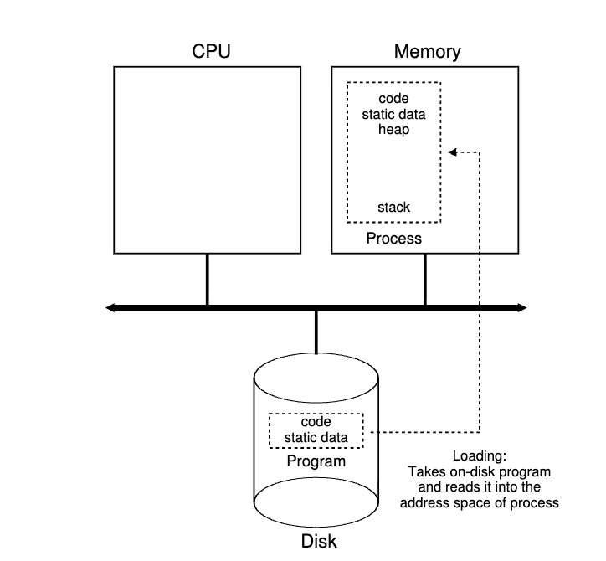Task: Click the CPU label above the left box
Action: [x=211, y=52]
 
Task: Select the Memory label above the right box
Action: [x=427, y=52]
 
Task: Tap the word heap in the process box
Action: [x=393, y=131]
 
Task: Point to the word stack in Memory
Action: [x=393, y=207]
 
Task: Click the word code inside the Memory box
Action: [x=393, y=99]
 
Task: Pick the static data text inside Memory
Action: [x=393, y=115]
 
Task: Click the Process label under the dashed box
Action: [x=393, y=239]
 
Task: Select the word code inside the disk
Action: [x=316, y=422]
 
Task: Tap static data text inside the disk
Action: [x=316, y=437]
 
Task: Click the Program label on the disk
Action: [x=316, y=461]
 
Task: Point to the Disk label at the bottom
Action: [x=318, y=541]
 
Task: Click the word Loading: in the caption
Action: [x=480, y=457]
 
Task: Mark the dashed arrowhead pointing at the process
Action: [x=453, y=152]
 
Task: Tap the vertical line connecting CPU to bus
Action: [x=207, y=280]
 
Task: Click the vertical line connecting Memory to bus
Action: [x=425, y=280]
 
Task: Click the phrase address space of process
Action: [x=480, y=503]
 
